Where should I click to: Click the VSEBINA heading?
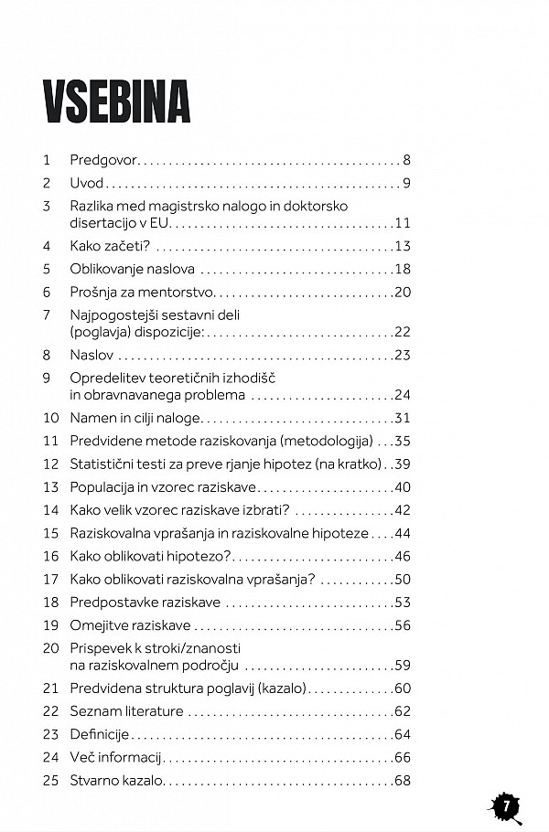click(x=116, y=101)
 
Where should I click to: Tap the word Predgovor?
click(x=103, y=160)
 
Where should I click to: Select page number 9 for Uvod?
click(x=406, y=183)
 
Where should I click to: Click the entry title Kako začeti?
click(x=110, y=246)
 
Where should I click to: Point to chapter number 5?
click(x=46, y=269)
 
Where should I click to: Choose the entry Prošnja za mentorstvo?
click(x=142, y=292)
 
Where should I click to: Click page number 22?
click(x=403, y=331)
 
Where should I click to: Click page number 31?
click(x=403, y=418)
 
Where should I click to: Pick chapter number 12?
click(x=49, y=464)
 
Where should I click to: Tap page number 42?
click(x=403, y=509)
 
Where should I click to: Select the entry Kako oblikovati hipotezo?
click(x=152, y=556)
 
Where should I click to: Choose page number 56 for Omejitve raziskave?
click(x=403, y=625)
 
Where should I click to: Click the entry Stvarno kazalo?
click(x=115, y=780)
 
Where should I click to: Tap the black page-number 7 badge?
click(x=504, y=806)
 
